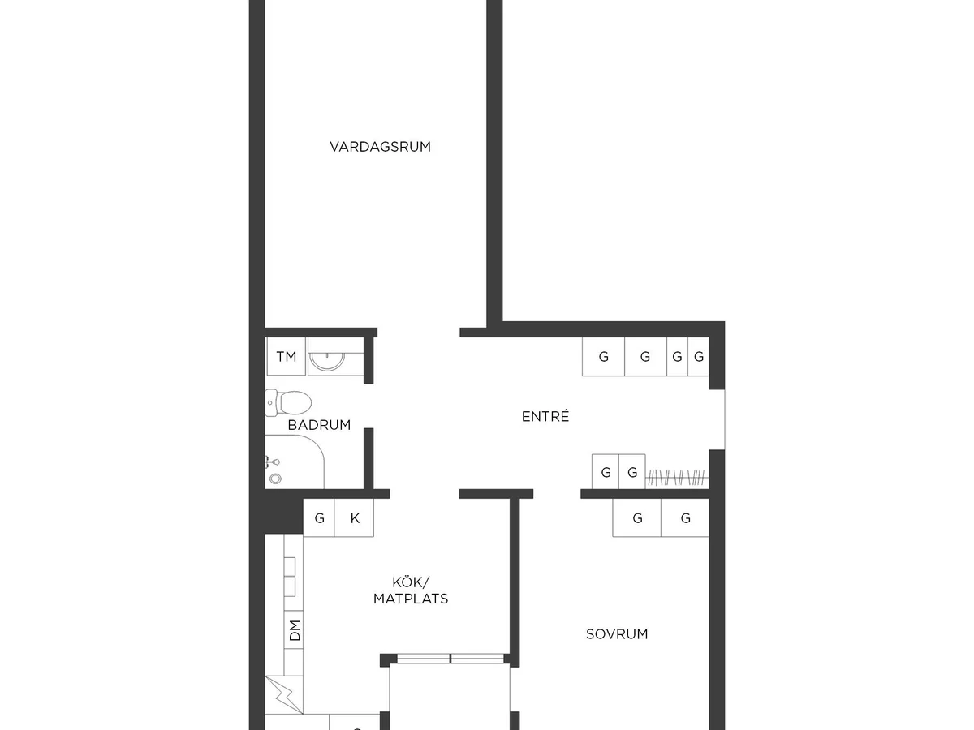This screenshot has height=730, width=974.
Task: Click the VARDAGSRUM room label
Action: (x=381, y=147)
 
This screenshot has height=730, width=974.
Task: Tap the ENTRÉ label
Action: (x=545, y=416)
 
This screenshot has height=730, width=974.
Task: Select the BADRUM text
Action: (x=319, y=425)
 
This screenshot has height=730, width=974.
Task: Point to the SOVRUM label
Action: (x=617, y=634)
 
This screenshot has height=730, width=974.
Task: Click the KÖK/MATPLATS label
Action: (x=411, y=590)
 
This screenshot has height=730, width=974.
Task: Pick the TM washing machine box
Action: (x=287, y=356)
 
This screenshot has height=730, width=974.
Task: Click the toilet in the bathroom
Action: (x=288, y=403)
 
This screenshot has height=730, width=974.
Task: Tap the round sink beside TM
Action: (x=327, y=361)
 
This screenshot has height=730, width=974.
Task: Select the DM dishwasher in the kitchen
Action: (x=294, y=630)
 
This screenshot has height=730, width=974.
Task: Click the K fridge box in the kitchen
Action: (x=354, y=517)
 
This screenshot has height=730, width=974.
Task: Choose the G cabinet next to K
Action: (x=319, y=517)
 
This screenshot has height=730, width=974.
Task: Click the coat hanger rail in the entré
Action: (x=677, y=479)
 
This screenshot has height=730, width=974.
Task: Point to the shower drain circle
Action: (x=275, y=479)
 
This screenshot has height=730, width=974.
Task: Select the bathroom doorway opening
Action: (x=368, y=406)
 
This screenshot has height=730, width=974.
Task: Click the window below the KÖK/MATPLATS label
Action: (x=450, y=659)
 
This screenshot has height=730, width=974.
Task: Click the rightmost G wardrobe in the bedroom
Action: (x=685, y=517)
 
